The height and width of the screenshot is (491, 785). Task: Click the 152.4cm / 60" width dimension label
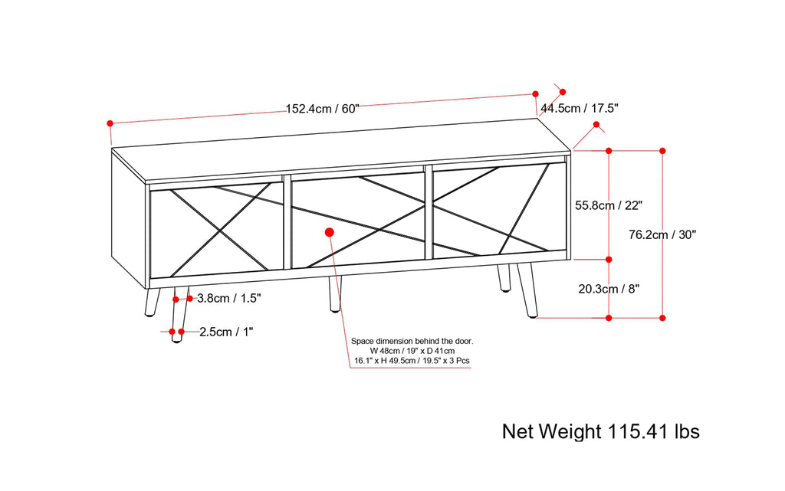point(322,109)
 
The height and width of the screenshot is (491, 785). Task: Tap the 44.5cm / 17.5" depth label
point(580,108)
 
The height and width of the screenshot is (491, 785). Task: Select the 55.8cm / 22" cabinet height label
point(608,205)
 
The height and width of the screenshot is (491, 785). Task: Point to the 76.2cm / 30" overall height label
point(662,235)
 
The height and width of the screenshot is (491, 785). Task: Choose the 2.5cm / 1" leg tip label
point(227,332)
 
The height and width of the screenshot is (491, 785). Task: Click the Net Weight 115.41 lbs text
point(600,431)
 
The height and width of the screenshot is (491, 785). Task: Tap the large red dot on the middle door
point(330,231)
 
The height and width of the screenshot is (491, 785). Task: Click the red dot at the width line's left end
point(110,123)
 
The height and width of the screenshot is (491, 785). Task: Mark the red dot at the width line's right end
point(536,93)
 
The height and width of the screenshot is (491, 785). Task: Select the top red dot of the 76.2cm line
point(662,151)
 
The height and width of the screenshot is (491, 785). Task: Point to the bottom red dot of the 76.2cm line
point(662,317)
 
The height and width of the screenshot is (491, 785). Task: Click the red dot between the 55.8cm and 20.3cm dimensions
point(609,260)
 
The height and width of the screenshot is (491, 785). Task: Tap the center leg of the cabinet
point(334,293)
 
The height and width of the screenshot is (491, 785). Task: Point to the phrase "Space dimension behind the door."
point(412,340)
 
